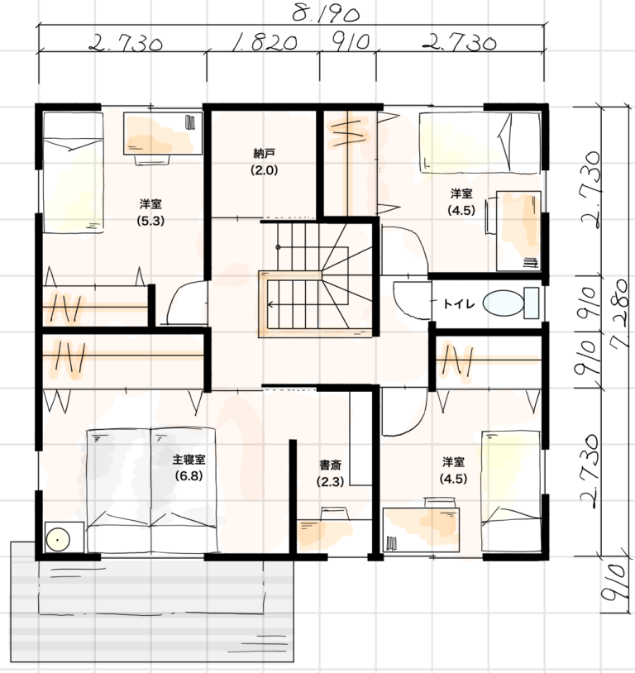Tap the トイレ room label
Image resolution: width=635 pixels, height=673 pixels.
coord(459,304)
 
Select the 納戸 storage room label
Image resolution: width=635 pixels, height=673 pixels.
coord(264,153)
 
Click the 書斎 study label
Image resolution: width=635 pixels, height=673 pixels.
coord(330,465)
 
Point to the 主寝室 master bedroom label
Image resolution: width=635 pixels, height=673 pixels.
coord(189,460)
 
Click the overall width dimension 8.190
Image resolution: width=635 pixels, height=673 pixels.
coord(326,14)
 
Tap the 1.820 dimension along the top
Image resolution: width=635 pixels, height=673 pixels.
coord(264,43)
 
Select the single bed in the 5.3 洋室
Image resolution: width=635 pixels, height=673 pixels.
coord(73,173)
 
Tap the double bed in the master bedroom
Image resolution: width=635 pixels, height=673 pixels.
coord(150,489)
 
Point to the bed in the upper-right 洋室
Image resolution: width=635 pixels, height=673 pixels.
coord(480,143)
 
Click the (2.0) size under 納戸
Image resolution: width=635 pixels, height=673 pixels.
coord(264,170)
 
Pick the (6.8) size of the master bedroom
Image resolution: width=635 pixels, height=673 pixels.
coord(189,476)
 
